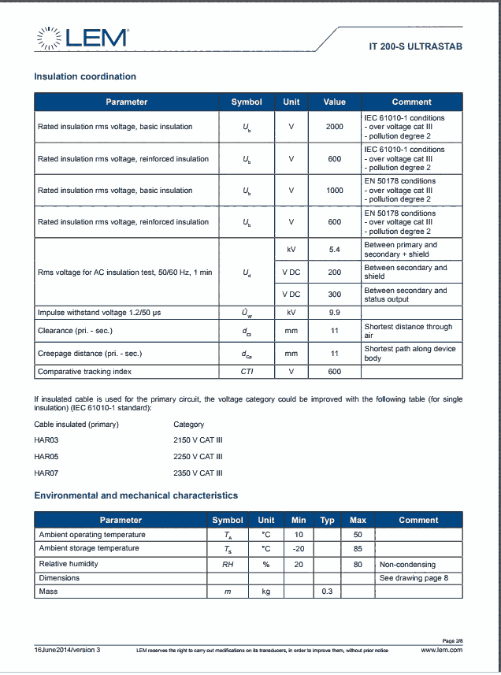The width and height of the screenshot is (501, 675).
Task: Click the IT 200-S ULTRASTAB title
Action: [415, 46]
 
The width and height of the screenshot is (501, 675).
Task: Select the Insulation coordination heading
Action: [85, 76]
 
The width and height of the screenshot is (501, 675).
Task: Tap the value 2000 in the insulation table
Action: [334, 127]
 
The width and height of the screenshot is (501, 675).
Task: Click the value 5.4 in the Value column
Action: [334, 249]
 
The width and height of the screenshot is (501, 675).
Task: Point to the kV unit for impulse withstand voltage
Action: [291, 312]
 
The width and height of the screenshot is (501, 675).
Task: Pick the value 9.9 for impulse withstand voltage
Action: [334, 312]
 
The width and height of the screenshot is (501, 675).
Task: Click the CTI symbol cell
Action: [247, 371]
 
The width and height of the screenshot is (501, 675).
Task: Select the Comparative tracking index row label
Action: [84, 371]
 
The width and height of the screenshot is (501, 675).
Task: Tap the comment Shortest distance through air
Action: [407, 331]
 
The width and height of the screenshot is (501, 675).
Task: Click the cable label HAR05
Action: [46, 456]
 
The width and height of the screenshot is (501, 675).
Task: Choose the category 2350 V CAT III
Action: [198, 473]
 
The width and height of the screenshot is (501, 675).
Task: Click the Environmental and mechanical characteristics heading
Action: [135, 495]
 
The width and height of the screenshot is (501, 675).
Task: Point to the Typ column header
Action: [327, 520]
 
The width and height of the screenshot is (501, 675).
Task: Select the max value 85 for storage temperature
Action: [358, 548]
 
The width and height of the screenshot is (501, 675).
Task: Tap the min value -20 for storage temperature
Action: [298, 548]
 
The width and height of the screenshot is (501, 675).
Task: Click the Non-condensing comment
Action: [407, 564]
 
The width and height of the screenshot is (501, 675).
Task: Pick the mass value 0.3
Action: [327, 592]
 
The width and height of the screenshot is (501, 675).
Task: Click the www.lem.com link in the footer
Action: [441, 650]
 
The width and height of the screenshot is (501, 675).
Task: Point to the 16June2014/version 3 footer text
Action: [67, 650]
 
